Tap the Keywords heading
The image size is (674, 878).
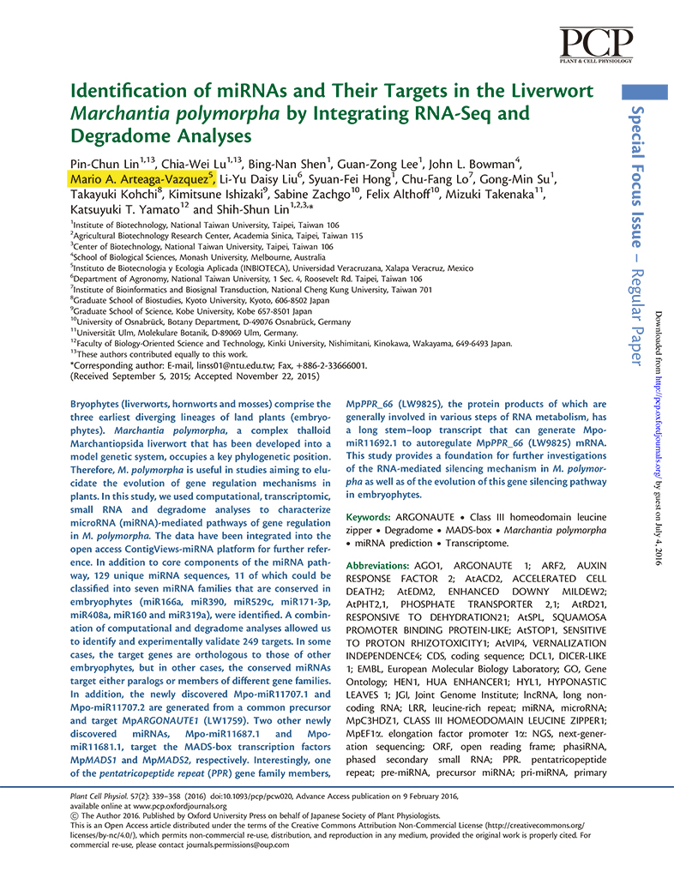369,519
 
